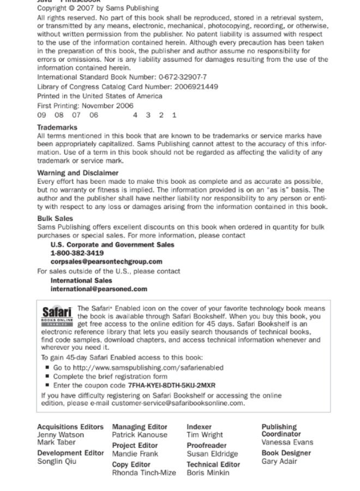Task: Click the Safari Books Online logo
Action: tap(57, 316)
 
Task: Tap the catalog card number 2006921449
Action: tap(196, 87)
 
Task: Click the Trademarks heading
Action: tap(57, 127)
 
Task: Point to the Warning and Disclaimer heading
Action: tap(77, 173)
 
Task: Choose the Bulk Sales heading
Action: tap(55, 218)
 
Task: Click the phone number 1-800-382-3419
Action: tap(77, 253)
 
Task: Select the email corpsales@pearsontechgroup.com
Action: tap(106, 262)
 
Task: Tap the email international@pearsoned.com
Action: tap(99, 289)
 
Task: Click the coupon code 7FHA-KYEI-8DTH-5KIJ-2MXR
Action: tap(171, 385)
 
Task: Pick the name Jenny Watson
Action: tap(61, 435)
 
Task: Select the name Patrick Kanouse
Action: tap(140, 435)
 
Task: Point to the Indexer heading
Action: tap(199, 427)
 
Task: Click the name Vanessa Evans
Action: tap(287, 442)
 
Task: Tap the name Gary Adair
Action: tap(279, 462)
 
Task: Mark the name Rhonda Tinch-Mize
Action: tap(144, 473)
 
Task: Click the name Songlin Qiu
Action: tap(57, 462)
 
